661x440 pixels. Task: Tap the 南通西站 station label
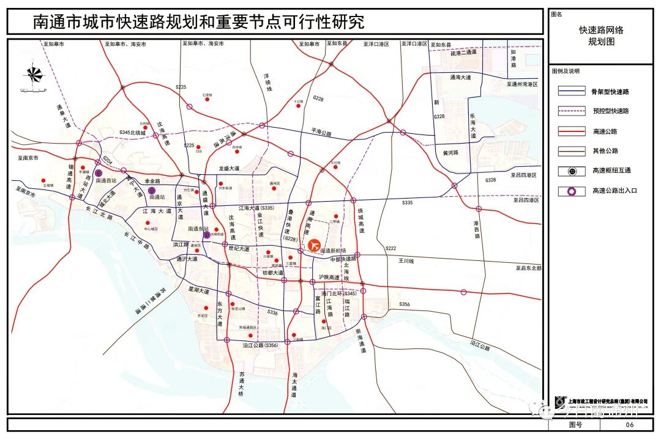click(106, 181)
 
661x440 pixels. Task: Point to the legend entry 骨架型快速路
click(610, 92)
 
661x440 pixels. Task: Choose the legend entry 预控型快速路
click(610, 111)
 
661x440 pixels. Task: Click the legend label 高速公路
click(605, 131)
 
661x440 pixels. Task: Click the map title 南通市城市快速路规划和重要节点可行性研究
click(198, 23)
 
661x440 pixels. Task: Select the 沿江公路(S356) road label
click(261, 346)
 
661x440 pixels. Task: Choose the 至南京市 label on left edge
click(28, 158)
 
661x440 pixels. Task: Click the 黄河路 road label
click(450, 153)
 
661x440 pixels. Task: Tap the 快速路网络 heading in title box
click(601, 30)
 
